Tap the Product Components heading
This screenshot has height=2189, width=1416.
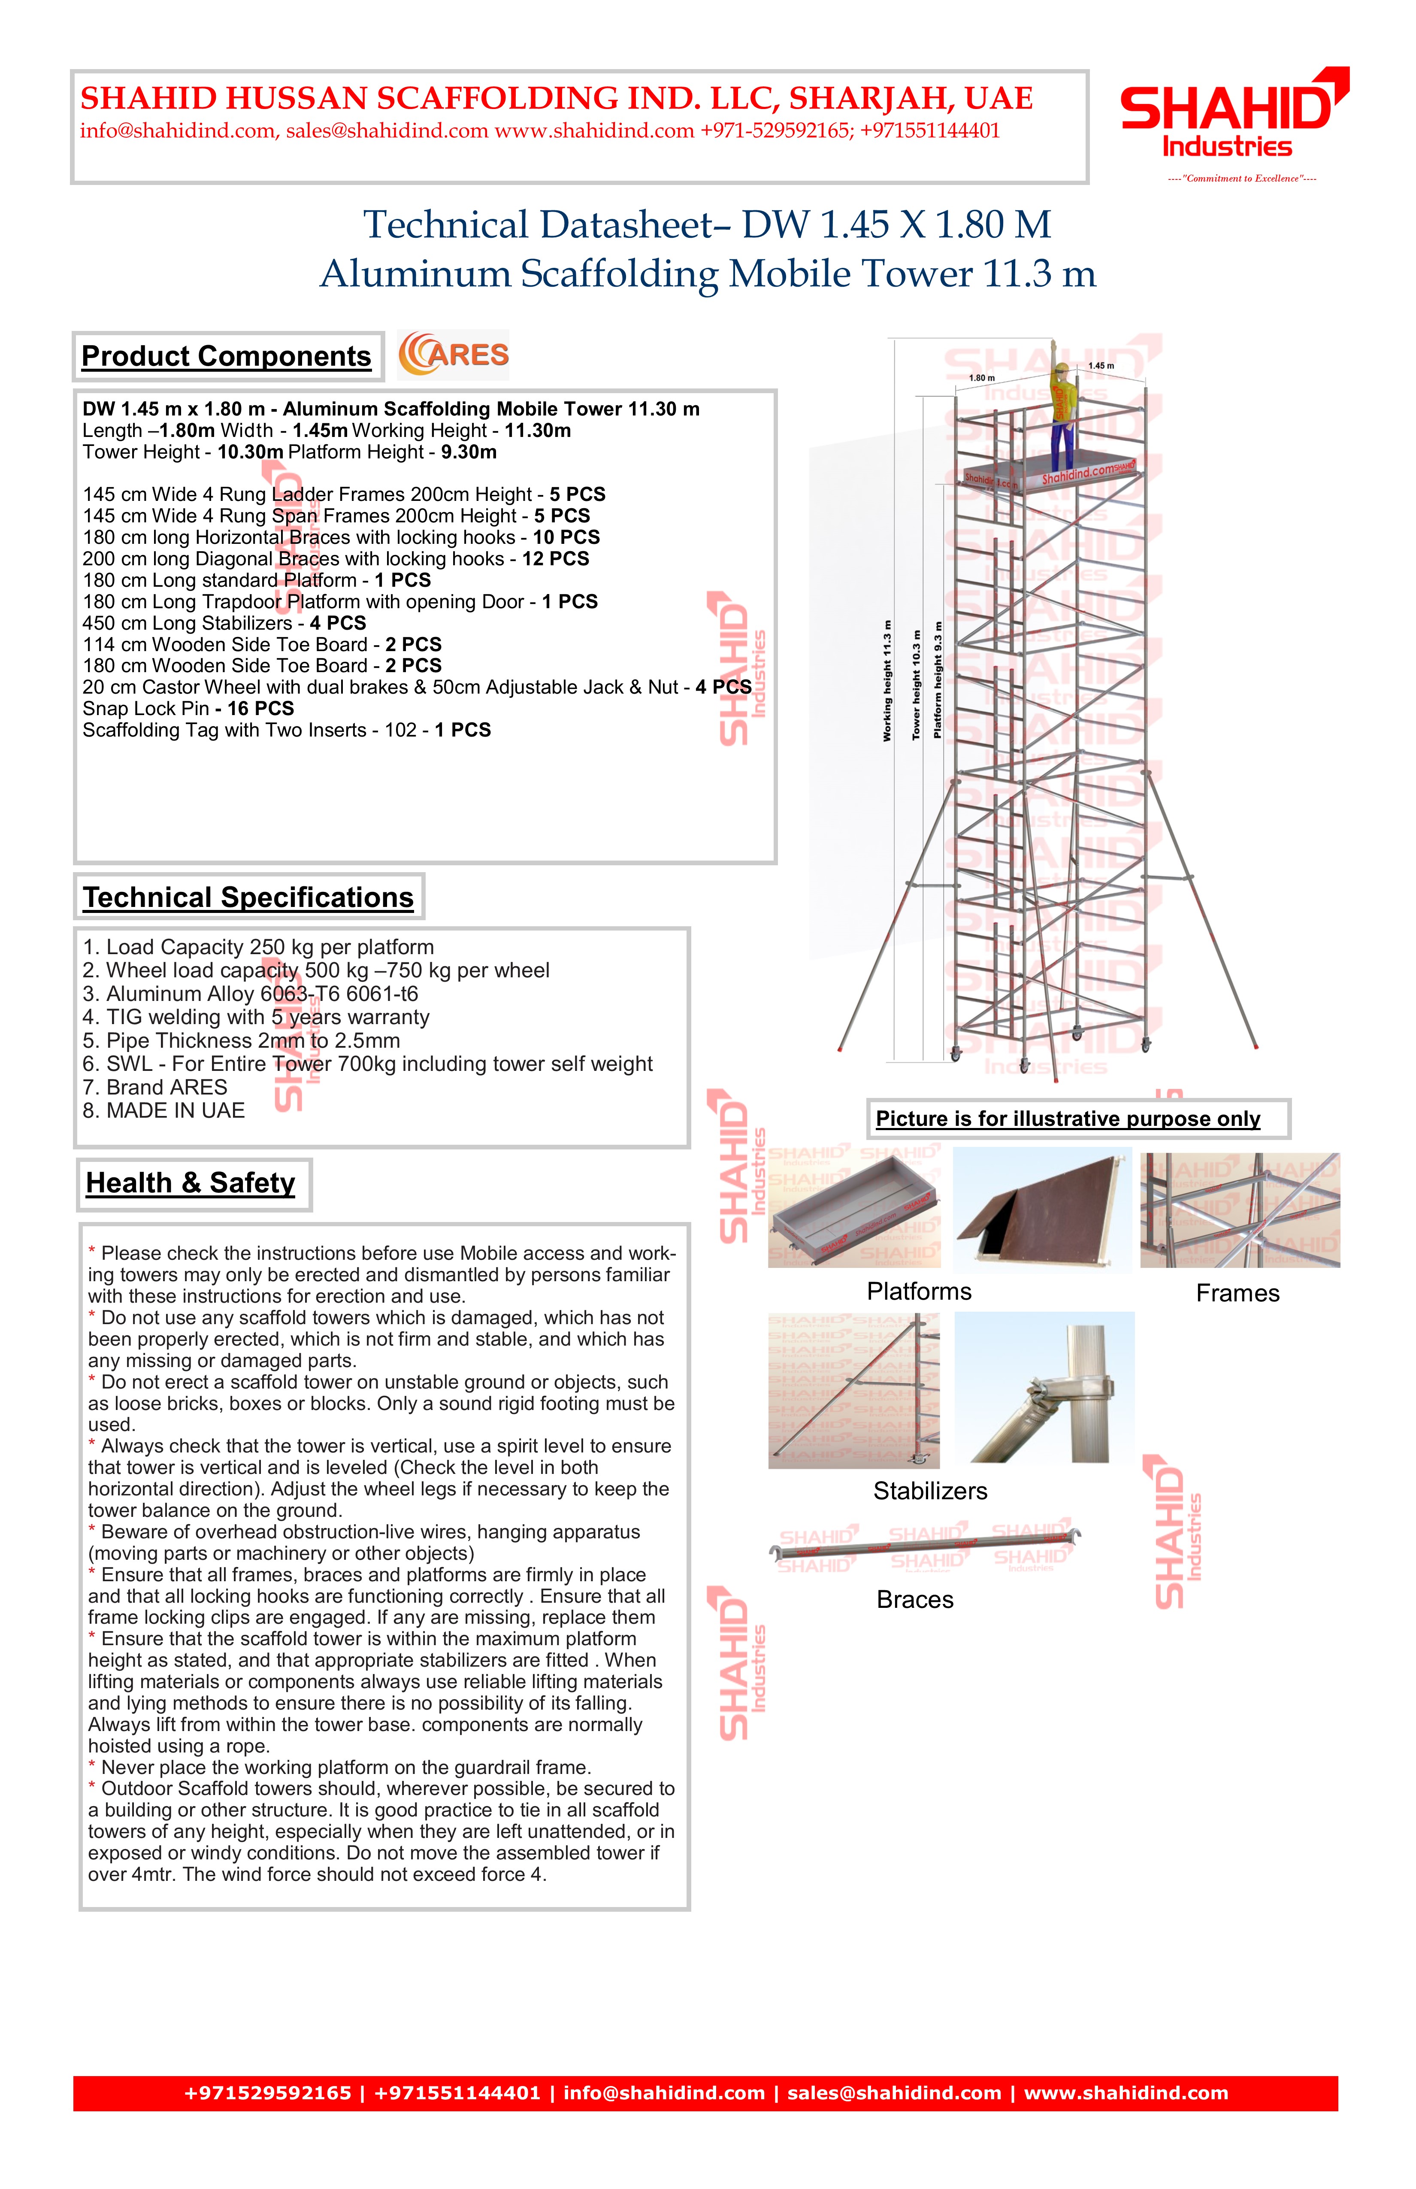(x=226, y=357)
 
